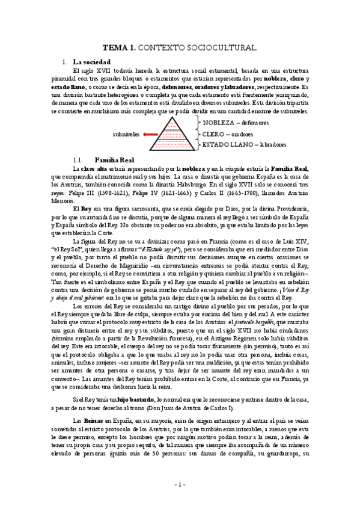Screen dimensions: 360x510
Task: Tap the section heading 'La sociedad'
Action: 90,62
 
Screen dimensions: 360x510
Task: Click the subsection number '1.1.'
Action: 78,160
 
